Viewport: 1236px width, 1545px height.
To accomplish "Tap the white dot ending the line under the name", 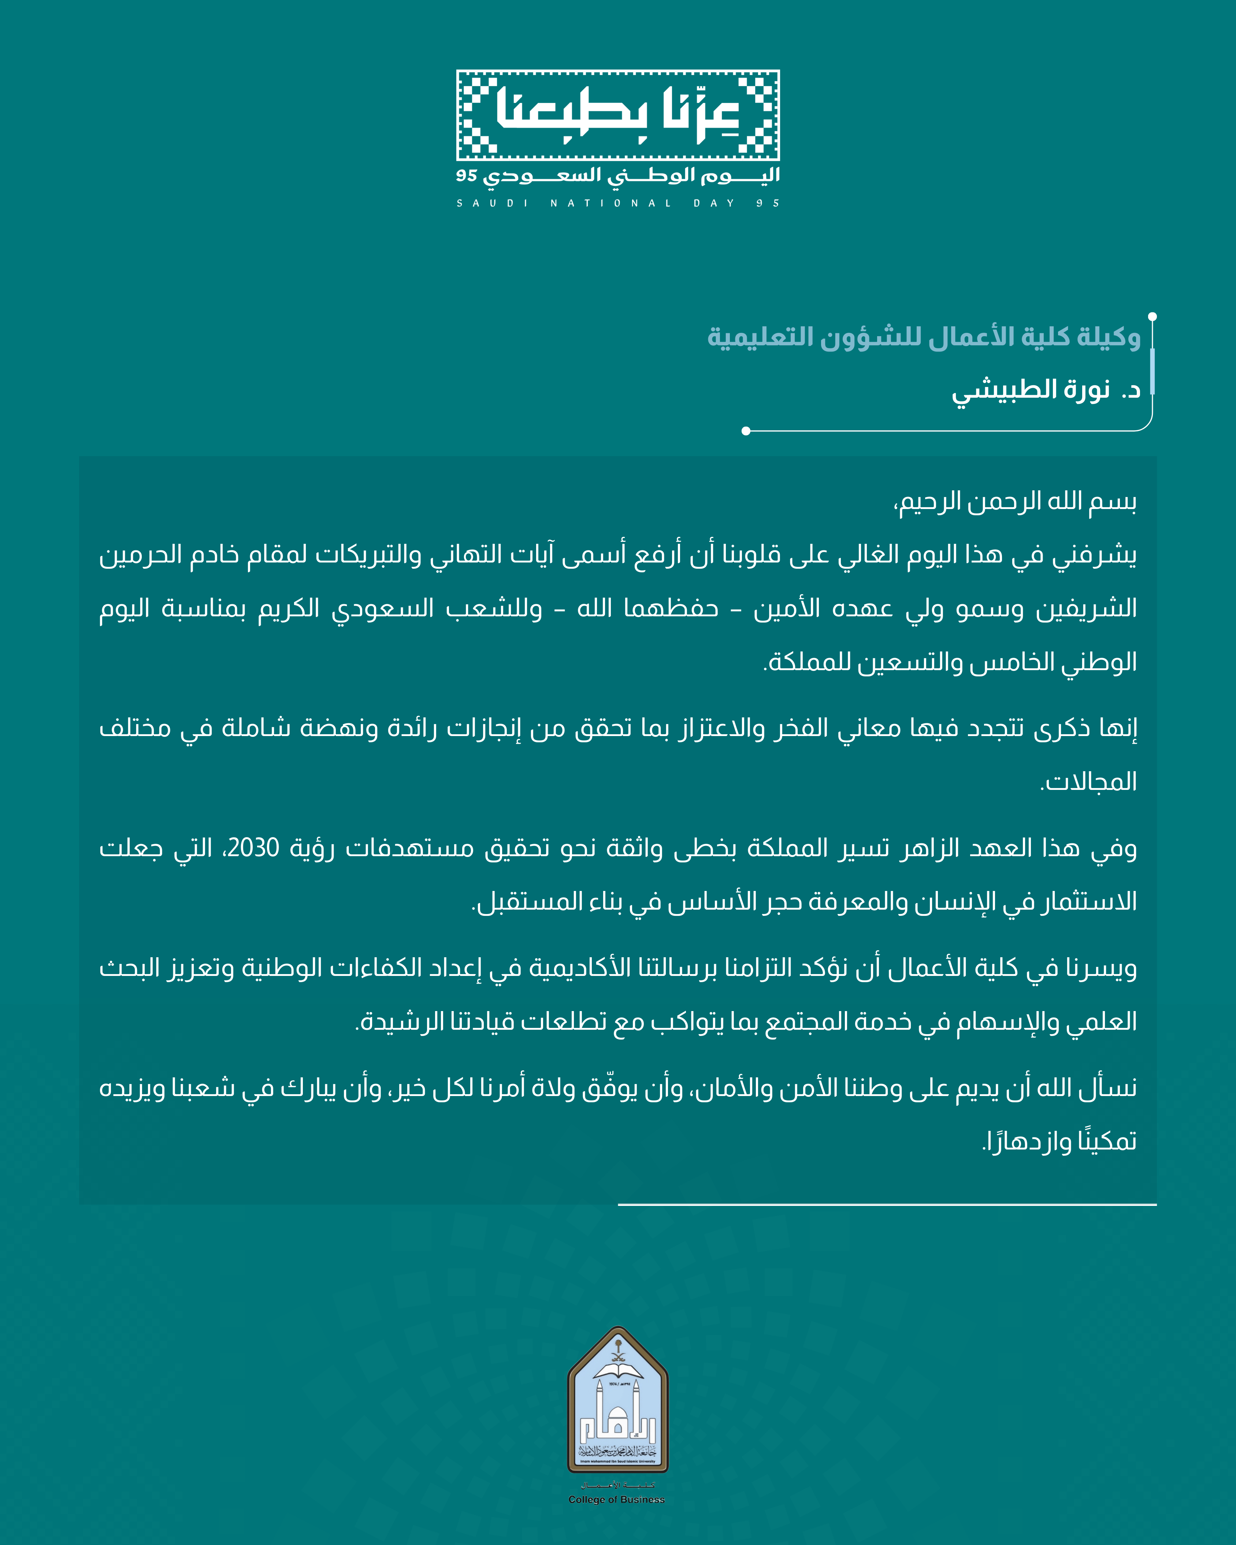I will tap(746, 431).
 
